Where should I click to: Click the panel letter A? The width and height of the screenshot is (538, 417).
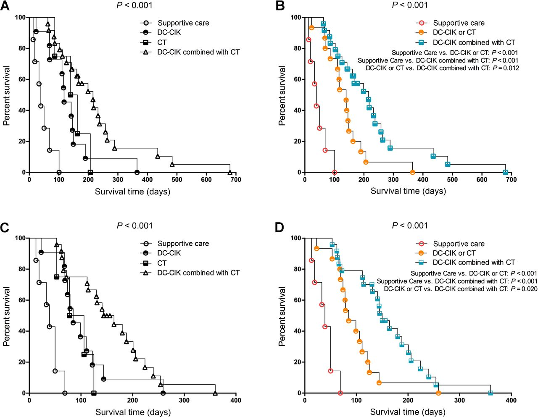pyautogui.click(x=5, y=6)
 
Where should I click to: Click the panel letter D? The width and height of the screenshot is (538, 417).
pyautogui.click(x=280, y=227)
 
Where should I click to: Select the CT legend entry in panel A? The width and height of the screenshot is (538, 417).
pyautogui.click(x=162, y=42)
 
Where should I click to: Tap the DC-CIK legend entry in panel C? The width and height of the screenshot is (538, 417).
pyautogui.click(x=169, y=253)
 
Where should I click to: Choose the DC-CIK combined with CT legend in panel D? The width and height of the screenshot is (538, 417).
pyautogui.click(x=474, y=262)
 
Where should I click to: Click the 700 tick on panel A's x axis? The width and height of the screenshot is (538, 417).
pyautogui.click(x=236, y=180)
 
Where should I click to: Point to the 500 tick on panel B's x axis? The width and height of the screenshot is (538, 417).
pyautogui.click(x=452, y=180)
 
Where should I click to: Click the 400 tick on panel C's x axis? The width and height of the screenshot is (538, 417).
pyautogui.click(x=236, y=401)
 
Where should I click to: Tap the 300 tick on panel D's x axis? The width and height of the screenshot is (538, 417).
pyautogui.click(x=459, y=401)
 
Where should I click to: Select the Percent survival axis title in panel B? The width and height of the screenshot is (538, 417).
pyautogui.click(x=282, y=96)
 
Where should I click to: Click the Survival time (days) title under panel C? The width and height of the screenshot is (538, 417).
pyautogui.click(x=133, y=412)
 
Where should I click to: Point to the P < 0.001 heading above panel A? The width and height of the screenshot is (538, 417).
pyautogui.click(x=134, y=5)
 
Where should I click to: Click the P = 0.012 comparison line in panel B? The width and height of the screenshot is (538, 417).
pyautogui.click(x=442, y=68)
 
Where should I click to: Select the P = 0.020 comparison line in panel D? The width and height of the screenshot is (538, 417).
pyautogui.click(x=460, y=289)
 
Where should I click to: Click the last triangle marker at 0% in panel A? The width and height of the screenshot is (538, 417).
pyautogui.click(x=230, y=172)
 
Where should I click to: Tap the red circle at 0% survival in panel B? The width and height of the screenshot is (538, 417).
pyautogui.click(x=334, y=173)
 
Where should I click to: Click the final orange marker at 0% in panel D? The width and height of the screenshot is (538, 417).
pyautogui.click(x=438, y=393)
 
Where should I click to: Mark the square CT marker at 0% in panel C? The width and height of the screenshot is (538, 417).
pyautogui.click(x=94, y=393)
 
